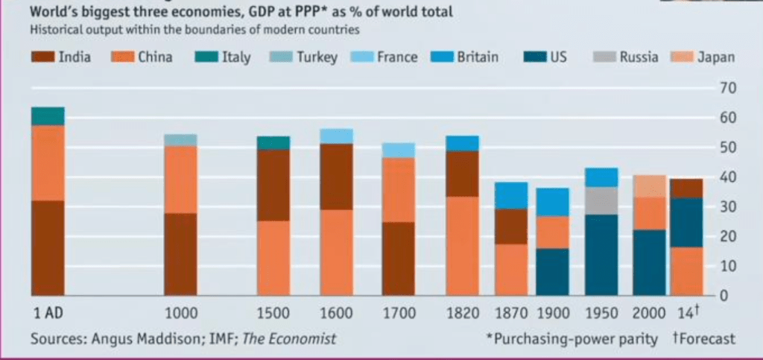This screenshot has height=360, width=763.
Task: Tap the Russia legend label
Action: pyautogui.click(x=638, y=57)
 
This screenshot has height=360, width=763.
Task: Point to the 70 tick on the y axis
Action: pyautogui.click(x=727, y=89)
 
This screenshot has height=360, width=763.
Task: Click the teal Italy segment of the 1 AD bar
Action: pyautogui.click(x=48, y=116)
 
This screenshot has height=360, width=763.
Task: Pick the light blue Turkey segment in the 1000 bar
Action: pyautogui.click(x=180, y=139)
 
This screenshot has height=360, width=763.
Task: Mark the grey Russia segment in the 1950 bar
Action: pyautogui.click(x=601, y=200)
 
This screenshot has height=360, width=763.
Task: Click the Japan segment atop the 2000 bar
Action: pyautogui.click(x=649, y=186)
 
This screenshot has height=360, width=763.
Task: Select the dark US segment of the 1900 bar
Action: pyautogui.click(x=552, y=271)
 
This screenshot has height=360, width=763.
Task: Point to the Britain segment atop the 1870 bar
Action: pyautogui.click(x=511, y=195)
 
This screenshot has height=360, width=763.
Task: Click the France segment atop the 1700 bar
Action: pyautogui.click(x=398, y=150)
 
